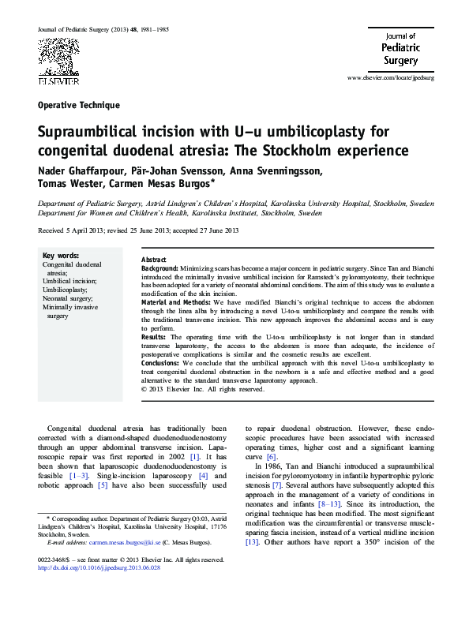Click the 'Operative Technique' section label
click(x=79, y=105)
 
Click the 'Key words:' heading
click(x=60, y=256)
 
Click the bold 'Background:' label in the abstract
click(x=159, y=269)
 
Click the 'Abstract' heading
click(x=153, y=260)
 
